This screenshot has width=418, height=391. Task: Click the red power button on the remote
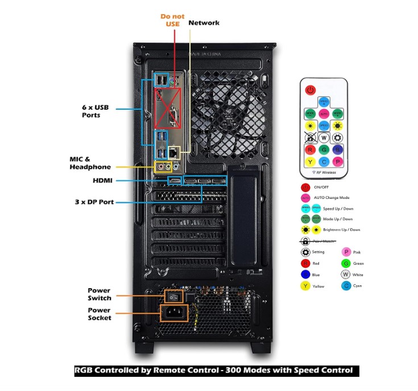point(310,90)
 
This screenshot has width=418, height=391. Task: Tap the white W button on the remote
point(324,137)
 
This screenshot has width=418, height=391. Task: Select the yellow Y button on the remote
point(310,162)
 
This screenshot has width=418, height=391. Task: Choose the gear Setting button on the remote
point(337,137)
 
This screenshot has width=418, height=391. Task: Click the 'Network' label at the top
point(204,23)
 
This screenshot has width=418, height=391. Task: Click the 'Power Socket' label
point(100,314)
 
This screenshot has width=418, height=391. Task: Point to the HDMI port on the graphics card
point(175,181)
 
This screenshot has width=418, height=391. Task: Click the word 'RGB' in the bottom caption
point(85,371)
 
